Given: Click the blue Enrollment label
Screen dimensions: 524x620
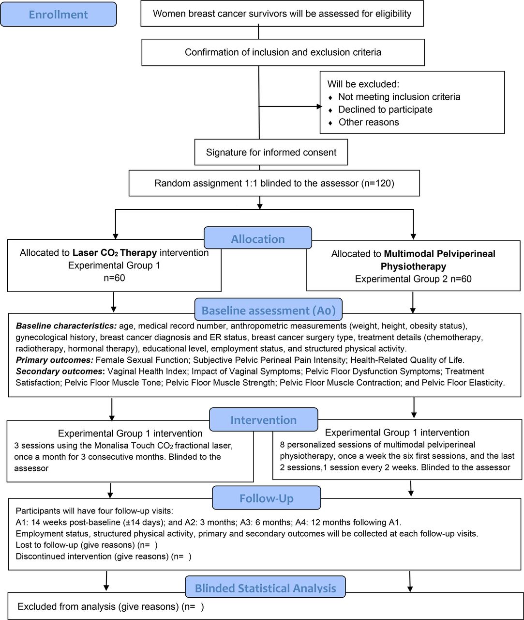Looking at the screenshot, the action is [x=59, y=15].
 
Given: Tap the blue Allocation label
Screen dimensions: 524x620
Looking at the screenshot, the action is [x=258, y=237].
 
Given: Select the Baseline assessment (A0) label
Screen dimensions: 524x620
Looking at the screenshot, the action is [x=269, y=309].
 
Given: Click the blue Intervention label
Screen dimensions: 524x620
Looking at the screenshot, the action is [x=263, y=419].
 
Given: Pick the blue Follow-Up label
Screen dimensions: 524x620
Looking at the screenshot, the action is [x=266, y=497].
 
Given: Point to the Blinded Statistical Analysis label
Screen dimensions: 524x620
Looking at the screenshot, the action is [x=265, y=587].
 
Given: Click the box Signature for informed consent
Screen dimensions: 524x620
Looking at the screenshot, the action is [x=271, y=152].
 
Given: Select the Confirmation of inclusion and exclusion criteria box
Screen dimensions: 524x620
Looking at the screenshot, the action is [x=283, y=52].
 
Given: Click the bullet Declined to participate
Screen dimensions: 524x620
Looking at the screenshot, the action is [x=385, y=109].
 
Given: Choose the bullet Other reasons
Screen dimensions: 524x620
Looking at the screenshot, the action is [x=369, y=122].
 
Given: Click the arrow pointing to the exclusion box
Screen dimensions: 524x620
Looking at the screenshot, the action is [x=290, y=107].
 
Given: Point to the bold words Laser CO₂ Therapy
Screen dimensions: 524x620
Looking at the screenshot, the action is [x=115, y=253].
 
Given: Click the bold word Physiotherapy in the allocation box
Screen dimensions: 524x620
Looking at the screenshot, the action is [x=413, y=266].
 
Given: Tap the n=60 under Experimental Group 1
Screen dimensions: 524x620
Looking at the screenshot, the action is [x=114, y=278].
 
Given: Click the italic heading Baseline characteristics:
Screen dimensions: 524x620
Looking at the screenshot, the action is [x=66, y=326].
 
